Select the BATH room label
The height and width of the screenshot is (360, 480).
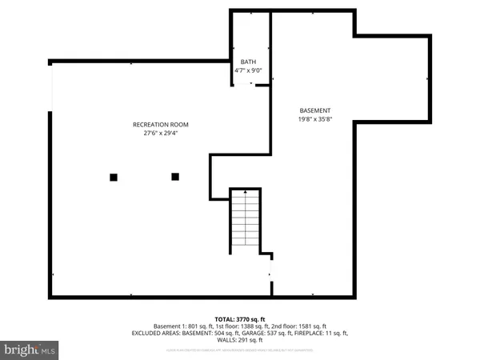tap(249, 62)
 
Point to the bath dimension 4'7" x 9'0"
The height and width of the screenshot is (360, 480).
tap(249, 70)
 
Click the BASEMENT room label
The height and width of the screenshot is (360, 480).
tap(315, 110)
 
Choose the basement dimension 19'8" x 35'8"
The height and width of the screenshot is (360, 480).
tap(315, 119)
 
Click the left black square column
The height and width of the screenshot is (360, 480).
tap(114, 177)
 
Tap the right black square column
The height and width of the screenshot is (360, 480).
tap(175, 176)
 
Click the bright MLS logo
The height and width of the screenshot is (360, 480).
tap(30, 350)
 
